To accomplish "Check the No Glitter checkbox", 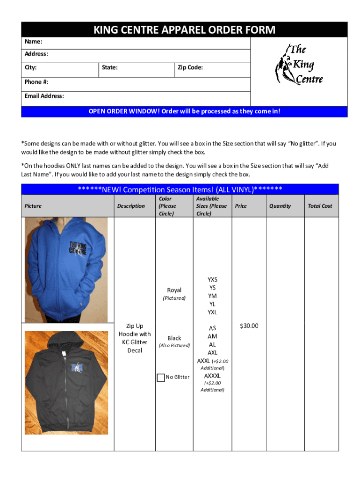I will click(161, 377).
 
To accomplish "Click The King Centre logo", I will click(299, 64).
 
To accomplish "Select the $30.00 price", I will click(249, 326).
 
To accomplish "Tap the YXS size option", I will click(213, 280).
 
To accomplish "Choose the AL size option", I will click(213, 344).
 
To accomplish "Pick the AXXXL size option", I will click(212, 376).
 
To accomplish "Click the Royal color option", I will click(174, 290).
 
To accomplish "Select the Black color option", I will click(174, 338).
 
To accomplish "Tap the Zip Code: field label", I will click(190, 68).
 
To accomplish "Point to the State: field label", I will click(109, 68).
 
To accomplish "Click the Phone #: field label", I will click(36, 82).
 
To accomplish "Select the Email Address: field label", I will click(44, 96).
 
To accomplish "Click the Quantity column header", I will click(280, 206).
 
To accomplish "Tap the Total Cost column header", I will click(320, 206).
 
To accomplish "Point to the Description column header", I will click(131, 206).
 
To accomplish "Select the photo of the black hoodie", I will click(66, 382).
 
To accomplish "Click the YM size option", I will click(213, 296).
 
